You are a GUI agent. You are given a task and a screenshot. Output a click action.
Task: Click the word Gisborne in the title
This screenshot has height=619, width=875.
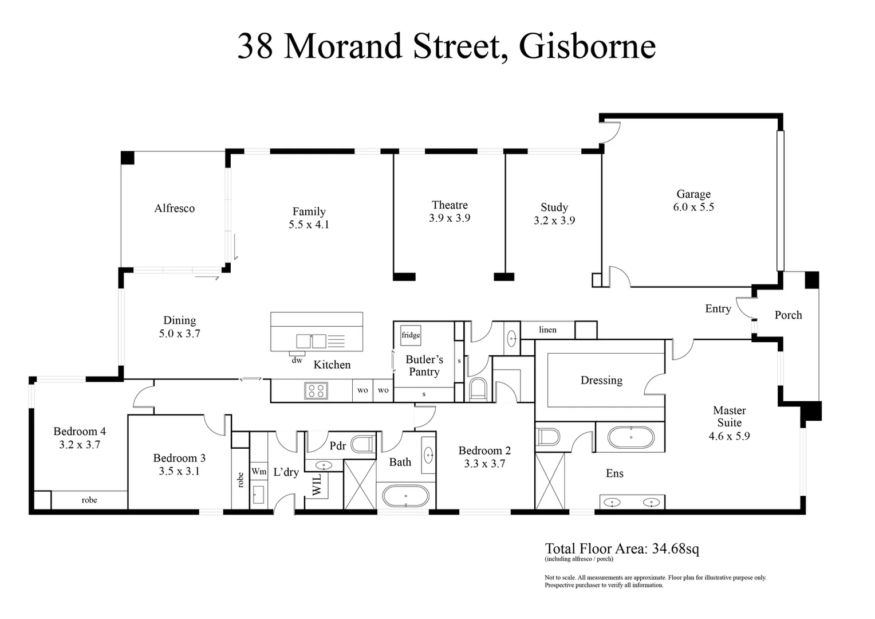tap(587, 46)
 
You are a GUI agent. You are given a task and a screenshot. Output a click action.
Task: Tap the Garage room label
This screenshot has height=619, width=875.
tap(693, 194)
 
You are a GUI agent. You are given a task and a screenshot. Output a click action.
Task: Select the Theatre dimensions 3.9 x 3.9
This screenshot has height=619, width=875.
tap(450, 218)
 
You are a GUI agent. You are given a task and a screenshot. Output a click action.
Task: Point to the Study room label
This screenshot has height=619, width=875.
tap(554, 207)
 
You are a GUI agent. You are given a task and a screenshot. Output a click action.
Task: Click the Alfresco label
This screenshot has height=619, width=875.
tap(174, 209)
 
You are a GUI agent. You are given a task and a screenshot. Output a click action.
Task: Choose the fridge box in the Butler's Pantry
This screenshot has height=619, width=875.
tap(411, 335)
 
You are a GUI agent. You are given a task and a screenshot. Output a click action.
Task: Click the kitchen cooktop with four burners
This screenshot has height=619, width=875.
tap(316, 391)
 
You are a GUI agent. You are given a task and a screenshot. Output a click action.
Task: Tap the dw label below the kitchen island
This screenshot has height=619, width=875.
tap(297, 361)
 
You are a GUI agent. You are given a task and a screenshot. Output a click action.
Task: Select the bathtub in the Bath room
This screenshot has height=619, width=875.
tap(405, 496)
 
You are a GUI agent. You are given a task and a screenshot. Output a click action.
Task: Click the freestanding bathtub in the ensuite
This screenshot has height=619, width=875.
tap(630, 437)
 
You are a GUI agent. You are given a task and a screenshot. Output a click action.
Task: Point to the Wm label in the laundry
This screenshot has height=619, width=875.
tap(259, 472)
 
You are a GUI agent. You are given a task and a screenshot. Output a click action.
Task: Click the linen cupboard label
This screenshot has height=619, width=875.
tap(547, 330)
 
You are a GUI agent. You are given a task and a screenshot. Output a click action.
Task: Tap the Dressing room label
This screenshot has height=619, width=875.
tap(601, 381)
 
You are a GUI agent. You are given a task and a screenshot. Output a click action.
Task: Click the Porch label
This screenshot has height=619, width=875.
tap(788, 315)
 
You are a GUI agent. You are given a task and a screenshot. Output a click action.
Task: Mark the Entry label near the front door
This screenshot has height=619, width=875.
tap(718, 309)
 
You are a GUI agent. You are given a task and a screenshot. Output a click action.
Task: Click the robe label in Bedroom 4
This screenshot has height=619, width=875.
tap(89, 500)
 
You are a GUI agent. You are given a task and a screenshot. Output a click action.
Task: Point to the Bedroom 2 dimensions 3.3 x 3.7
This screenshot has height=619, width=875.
tap(484, 464)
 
